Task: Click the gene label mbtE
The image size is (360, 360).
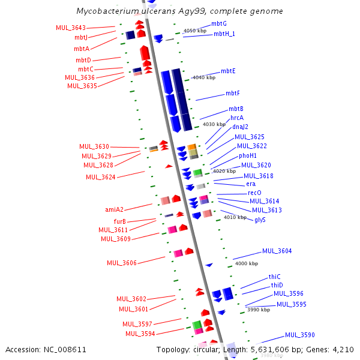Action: coord(228,71)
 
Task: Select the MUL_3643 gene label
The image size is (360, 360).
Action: coord(70,28)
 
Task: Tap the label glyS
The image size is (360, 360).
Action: coord(260,220)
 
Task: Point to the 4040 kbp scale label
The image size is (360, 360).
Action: coord(203,77)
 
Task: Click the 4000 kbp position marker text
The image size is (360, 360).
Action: coord(246,263)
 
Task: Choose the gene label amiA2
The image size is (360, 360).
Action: coord(114,209)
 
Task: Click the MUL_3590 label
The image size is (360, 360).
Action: coord(300,335)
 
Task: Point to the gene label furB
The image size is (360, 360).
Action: coord(119,221)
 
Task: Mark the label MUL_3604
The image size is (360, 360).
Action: coord(277,251)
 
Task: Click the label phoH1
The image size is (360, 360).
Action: coord(248,155)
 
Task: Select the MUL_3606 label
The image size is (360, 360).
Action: coord(122,263)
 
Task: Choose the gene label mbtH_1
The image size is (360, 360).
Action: coord(224,34)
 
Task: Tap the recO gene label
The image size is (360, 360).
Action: coord(254,193)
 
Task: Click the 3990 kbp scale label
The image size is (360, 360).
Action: coord(258,310)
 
